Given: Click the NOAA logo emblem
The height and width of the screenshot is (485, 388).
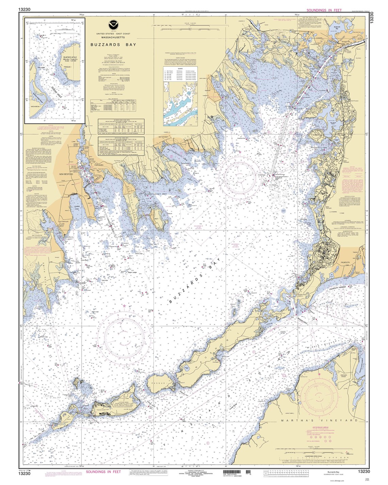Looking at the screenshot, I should coord(112,25).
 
